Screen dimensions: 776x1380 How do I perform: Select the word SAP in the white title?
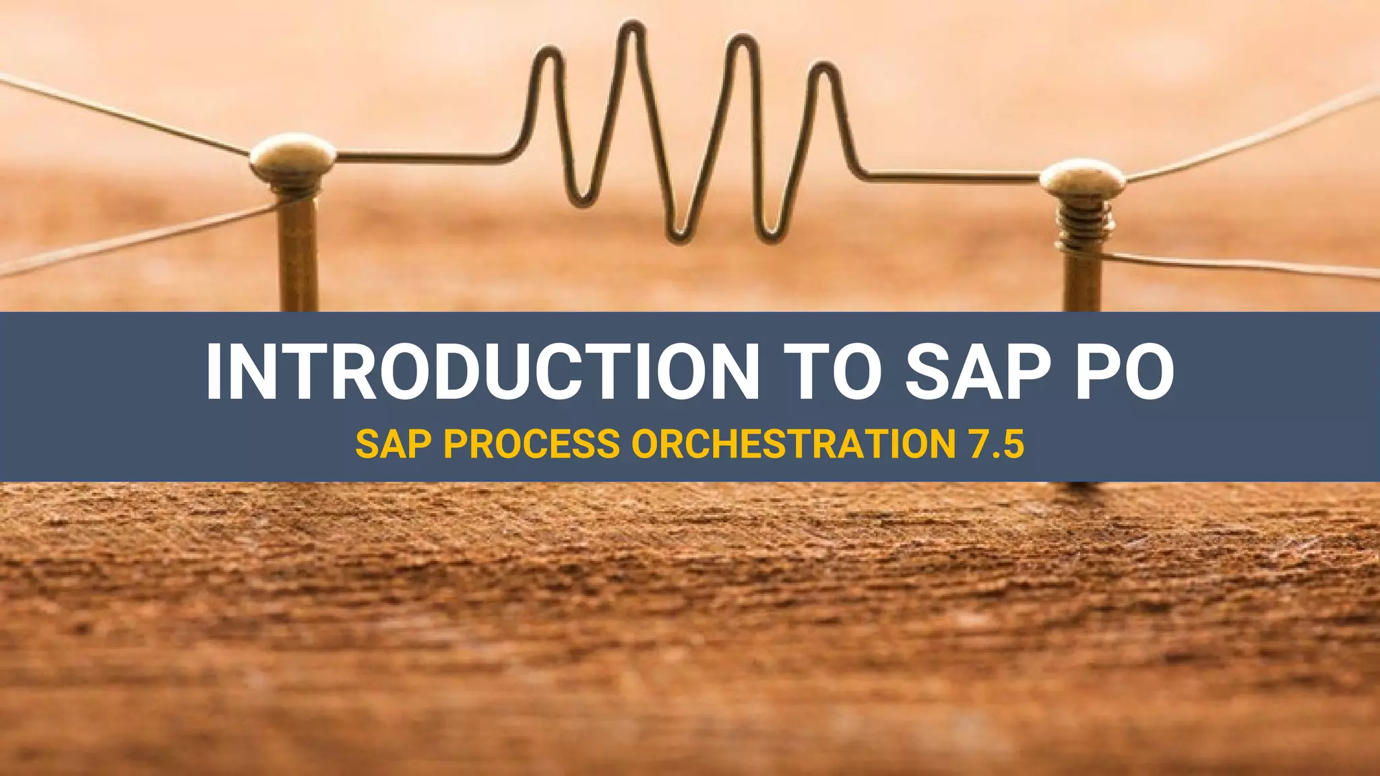(980, 373)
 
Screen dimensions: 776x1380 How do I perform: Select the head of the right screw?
(1082, 177)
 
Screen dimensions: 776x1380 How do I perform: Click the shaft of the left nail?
(297, 256)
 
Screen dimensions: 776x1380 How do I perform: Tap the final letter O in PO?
(1146, 373)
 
